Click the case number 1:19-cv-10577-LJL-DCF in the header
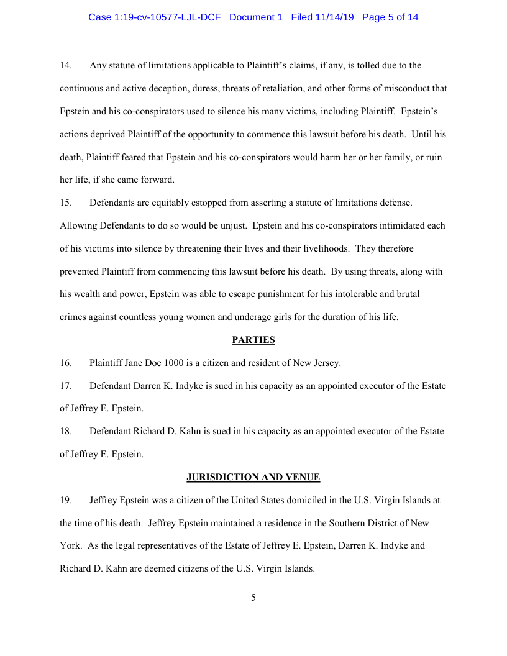point(154,17)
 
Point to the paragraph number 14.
point(66,65)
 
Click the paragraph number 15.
point(66,203)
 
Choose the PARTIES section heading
point(253,340)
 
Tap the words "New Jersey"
point(316,363)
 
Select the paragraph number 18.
point(66,431)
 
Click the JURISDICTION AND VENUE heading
point(253,477)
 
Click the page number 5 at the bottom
point(253,598)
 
